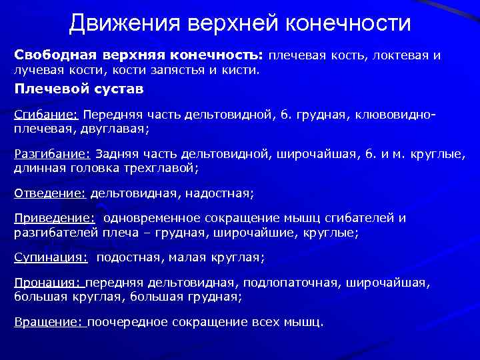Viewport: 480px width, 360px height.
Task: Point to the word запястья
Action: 184,69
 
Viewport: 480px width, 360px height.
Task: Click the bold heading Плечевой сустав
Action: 79,89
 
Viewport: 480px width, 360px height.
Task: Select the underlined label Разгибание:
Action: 53,154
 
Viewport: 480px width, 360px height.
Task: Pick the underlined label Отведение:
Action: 51,193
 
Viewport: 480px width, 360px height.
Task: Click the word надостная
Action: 221,193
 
